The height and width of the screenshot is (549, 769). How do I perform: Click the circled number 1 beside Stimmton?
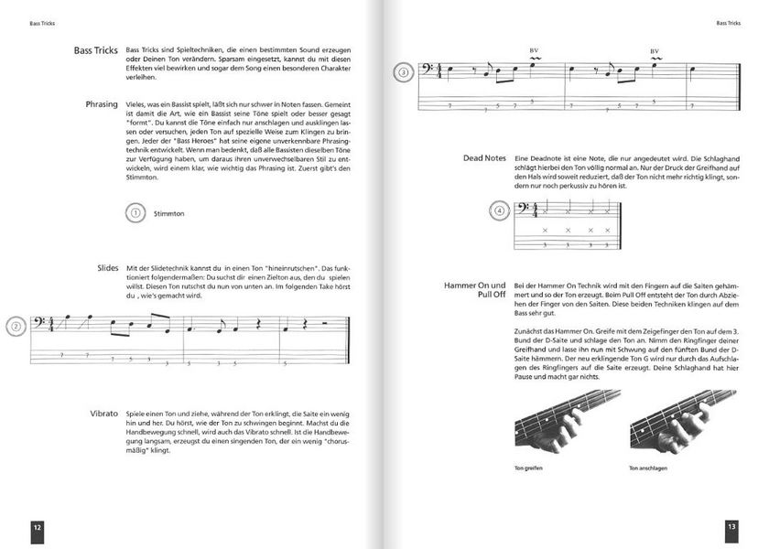point(135,213)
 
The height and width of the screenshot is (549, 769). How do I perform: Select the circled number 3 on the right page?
point(402,74)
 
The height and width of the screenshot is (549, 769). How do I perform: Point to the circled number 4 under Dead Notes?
point(499,210)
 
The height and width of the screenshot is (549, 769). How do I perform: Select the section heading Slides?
point(106,267)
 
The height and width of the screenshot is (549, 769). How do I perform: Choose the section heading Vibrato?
point(103,414)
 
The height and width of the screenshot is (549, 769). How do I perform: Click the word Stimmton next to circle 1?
point(169,214)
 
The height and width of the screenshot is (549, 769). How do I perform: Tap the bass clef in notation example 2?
point(41,323)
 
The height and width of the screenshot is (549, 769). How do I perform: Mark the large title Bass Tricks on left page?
point(96,50)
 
